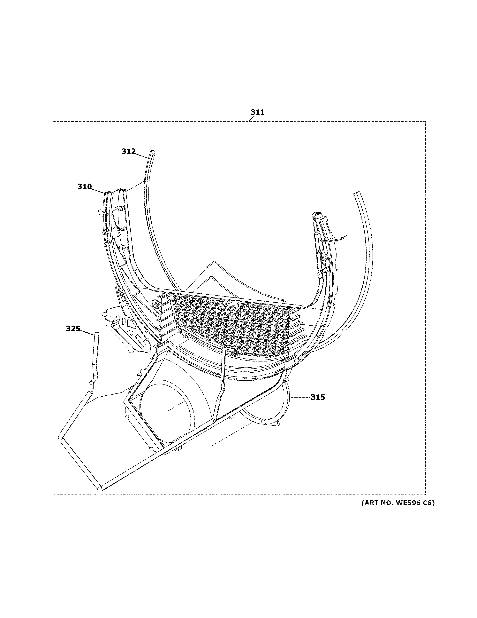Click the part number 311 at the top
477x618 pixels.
257,112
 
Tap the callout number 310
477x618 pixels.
85,186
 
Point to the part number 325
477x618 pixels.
73,329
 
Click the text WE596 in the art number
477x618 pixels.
409,503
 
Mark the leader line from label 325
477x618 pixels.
87,332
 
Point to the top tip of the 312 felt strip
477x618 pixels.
153,152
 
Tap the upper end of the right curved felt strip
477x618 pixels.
358,194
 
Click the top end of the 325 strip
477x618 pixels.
97,334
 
